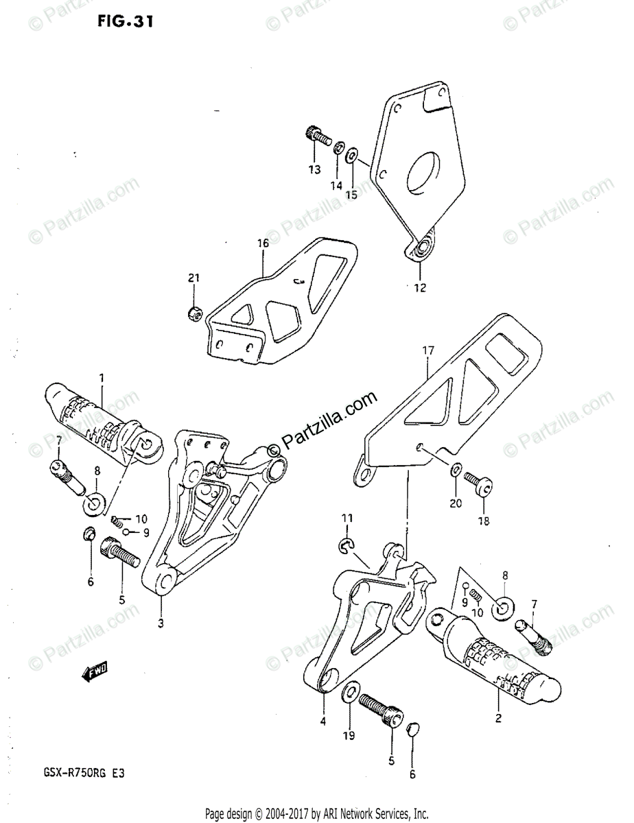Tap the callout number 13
pos(314,169)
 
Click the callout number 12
pos(419,288)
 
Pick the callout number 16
pos(263,244)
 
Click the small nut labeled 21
pos(194,314)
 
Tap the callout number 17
pos(428,351)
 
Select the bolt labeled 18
pos(476,483)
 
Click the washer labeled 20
pos(456,470)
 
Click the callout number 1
pos(102,377)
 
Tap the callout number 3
pos(160,623)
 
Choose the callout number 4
pos(323,720)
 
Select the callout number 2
pos(498,719)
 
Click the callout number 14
pos(337,185)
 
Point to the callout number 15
pos(351,194)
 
